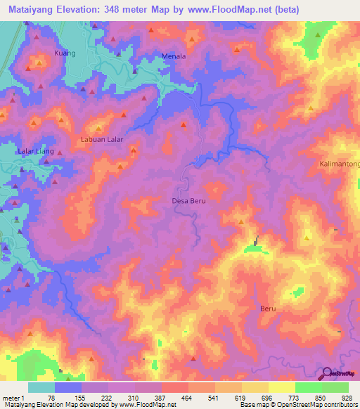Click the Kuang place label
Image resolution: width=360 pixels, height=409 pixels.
pyautogui.click(x=64, y=53)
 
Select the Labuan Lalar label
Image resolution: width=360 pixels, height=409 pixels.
pyautogui.click(x=102, y=139)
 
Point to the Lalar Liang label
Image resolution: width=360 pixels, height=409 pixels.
pyautogui.click(x=36, y=152)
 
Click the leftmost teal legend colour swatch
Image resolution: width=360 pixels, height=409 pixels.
pyautogui.click(x=41, y=387)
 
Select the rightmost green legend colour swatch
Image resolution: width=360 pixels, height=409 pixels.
pyautogui.click(x=335, y=387)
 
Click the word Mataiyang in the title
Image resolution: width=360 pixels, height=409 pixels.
pyautogui.click(x=28, y=10)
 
